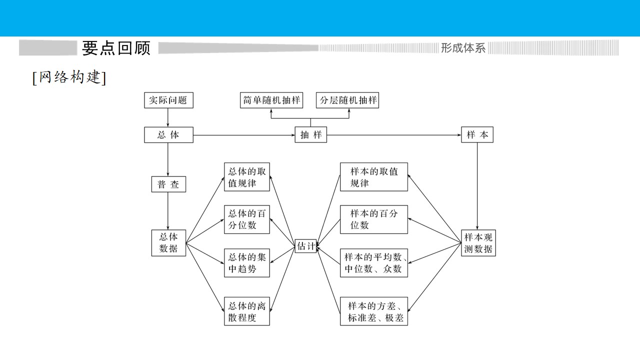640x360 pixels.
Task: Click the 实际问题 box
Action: point(168,100)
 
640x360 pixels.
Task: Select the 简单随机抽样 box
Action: point(271,100)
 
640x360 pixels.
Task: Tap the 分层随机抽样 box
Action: point(347,100)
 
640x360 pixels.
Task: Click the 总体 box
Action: point(168,135)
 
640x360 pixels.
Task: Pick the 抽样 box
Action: point(311,135)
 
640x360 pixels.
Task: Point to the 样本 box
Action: point(477,134)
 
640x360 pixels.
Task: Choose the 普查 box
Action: point(168,184)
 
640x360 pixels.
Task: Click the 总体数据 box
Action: point(168,243)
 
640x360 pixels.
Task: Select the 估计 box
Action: point(305,246)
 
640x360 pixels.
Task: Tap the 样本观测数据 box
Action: point(478,243)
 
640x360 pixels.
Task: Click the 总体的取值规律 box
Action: point(247,177)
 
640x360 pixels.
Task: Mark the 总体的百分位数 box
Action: point(247,219)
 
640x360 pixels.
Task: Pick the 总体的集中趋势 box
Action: point(247,263)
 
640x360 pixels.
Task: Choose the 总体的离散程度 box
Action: point(247,311)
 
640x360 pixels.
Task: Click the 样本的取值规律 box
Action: point(373,177)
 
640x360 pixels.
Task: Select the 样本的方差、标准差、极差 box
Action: point(373,311)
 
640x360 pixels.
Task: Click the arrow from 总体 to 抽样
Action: point(244,135)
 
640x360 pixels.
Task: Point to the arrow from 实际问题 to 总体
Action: point(167,117)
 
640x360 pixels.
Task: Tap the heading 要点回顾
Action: point(116,48)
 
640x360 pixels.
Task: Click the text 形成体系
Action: point(463,48)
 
